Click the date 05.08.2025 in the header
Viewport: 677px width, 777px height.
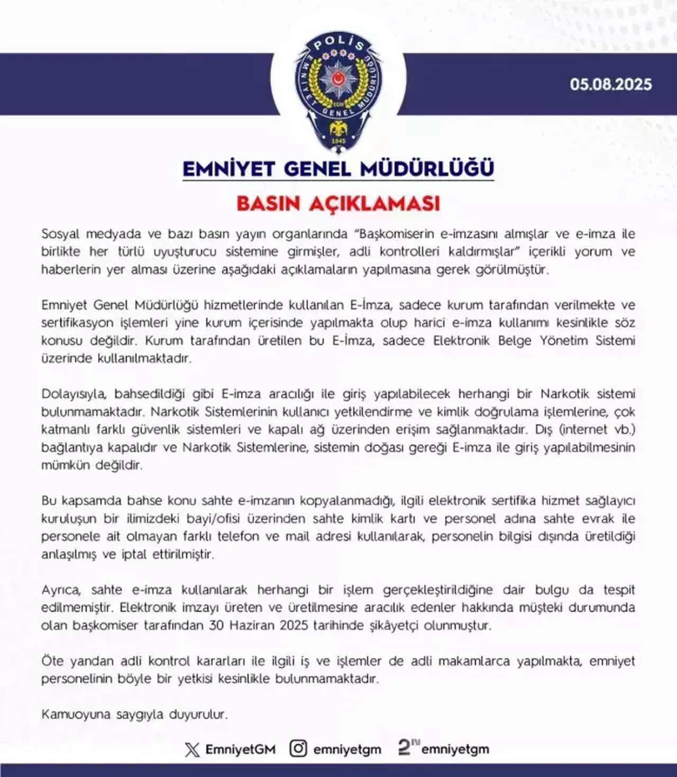click(610, 85)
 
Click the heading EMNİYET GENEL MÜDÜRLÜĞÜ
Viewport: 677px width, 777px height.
click(338, 169)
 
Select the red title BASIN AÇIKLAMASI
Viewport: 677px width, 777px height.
click(338, 204)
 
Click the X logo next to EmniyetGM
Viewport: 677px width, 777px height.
click(192, 749)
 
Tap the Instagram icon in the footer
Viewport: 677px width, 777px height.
click(298, 748)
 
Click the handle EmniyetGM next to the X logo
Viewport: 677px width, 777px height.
click(240, 749)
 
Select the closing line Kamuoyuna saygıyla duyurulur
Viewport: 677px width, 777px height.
click(134, 715)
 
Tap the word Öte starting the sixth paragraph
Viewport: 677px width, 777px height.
click(52, 661)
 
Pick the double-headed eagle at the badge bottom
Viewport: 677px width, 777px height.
click(338, 129)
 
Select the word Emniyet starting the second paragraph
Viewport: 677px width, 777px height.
click(64, 305)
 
